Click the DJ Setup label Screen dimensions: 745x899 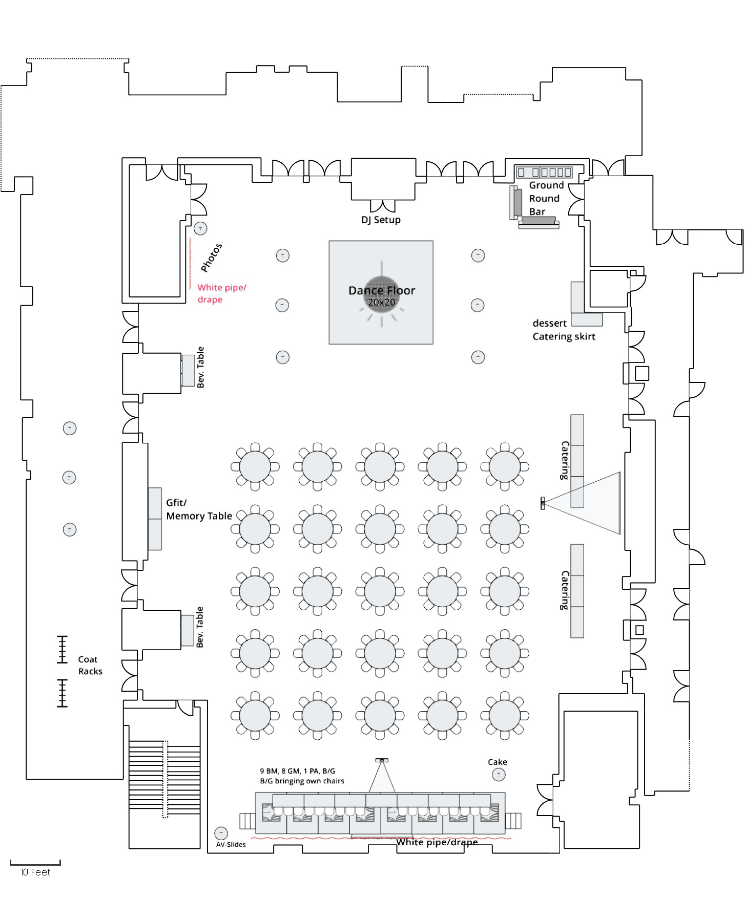coord(381,220)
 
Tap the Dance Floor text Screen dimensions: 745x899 coord(382,290)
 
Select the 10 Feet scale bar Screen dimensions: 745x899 coord(35,863)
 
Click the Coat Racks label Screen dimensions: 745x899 coord(90,665)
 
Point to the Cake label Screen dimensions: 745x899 coord(498,762)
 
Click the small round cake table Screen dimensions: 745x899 coord(499,775)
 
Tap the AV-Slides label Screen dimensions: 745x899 coord(231,844)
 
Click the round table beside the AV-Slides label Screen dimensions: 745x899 coord(221,833)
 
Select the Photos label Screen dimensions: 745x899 coord(211,258)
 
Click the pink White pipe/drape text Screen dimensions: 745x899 coord(222,293)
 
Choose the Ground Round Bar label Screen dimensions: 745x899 coord(546,198)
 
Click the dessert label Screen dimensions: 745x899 coord(549,323)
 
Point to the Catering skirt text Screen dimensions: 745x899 coord(564,336)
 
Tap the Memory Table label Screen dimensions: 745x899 coord(199,516)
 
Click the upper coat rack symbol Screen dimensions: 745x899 coord(62,649)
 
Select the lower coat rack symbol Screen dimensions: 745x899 coord(62,693)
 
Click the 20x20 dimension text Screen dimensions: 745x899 coord(381,302)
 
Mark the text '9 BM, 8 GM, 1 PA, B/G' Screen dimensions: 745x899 coord(297,770)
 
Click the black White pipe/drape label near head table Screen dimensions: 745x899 coord(437,842)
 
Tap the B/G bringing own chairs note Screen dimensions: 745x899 coord(302,781)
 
